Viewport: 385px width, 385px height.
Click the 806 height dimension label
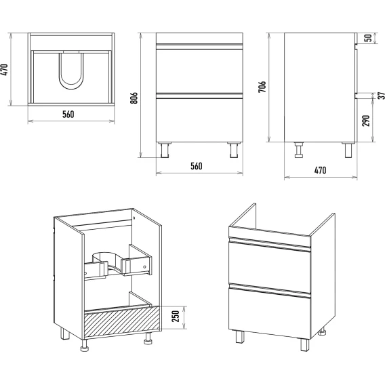tap(134, 98)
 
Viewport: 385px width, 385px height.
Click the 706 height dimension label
tap(262, 87)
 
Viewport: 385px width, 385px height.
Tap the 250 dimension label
tap(176, 317)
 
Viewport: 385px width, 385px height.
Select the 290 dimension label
tap(366, 121)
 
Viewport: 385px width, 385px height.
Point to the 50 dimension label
tap(368, 38)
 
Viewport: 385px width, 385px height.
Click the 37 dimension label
tap(382, 96)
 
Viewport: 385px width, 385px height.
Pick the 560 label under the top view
tap(68, 115)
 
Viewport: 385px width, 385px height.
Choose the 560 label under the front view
tap(197, 166)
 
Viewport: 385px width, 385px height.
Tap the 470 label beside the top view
tap(5, 70)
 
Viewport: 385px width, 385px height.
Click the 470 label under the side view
tap(321, 170)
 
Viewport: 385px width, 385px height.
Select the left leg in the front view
tap(165, 150)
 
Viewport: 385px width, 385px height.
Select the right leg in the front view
tap(234, 150)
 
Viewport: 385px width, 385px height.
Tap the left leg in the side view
tap(299, 150)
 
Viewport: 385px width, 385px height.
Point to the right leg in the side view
tap(348, 150)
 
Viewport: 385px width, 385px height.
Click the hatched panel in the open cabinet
tap(122, 321)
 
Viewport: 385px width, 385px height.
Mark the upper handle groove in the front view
tap(199, 47)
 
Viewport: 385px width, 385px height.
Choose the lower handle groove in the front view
tap(199, 96)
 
